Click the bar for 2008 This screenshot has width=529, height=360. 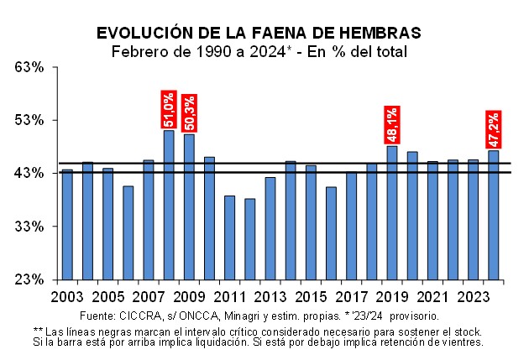click(169, 205)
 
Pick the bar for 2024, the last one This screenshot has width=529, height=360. click(493, 215)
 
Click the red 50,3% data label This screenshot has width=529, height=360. click(189, 113)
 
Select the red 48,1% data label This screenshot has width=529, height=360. click(391, 125)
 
